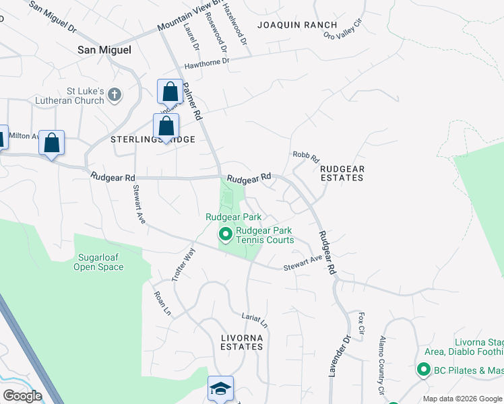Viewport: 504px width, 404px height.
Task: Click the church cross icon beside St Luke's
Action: tap(115, 94)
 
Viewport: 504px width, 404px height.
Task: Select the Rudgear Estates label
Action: tap(342, 173)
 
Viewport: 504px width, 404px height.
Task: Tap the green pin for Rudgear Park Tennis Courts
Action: tap(225, 234)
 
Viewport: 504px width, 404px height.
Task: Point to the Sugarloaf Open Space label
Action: tap(98, 263)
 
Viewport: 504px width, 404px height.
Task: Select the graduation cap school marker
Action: tap(220, 389)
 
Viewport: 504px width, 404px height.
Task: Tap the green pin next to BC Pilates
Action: tap(423, 370)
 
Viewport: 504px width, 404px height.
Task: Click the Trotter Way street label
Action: tap(183, 265)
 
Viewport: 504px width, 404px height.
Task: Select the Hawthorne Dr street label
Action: tap(207, 63)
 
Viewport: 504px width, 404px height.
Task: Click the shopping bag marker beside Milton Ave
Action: tap(51, 143)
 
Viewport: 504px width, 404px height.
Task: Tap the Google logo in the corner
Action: tap(22, 396)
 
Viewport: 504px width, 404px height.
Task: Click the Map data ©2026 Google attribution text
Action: tap(462, 399)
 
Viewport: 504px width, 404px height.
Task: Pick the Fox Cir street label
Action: tap(361, 323)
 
